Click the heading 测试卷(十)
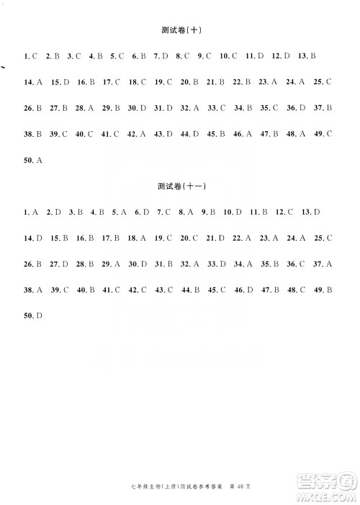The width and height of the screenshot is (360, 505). [x=181, y=30]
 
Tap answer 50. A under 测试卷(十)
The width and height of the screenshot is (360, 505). [x=32, y=160]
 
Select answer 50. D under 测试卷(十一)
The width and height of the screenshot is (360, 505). [x=32, y=316]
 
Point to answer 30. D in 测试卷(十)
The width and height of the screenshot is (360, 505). [x=137, y=108]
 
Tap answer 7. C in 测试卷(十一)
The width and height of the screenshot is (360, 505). [x=162, y=212]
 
